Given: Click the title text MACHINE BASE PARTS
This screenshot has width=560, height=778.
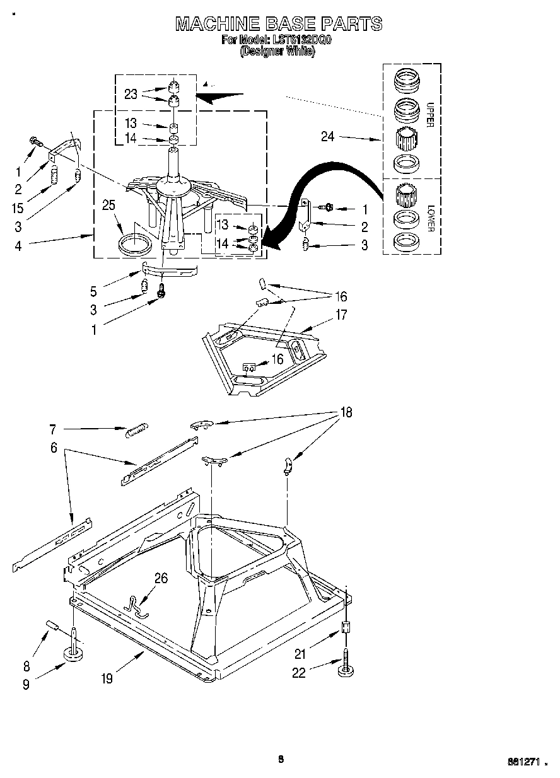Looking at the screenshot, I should tap(278, 24).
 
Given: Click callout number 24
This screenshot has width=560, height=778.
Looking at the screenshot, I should tap(327, 136).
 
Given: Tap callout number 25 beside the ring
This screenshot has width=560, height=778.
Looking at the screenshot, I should tap(108, 205).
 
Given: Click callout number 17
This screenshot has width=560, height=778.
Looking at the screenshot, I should tap(341, 315).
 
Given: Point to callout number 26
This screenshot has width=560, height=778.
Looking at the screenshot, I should tap(161, 578).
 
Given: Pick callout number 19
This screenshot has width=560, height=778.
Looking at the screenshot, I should tap(107, 678).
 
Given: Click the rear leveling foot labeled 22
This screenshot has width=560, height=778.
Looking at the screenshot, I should tap(346, 670).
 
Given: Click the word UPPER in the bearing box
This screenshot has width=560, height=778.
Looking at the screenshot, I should tap(430, 114).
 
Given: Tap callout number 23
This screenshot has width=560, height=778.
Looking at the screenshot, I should tap(131, 94).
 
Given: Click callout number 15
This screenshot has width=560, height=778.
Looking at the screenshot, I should tap(18, 207).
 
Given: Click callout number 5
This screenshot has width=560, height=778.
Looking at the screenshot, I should tap(93, 291).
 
